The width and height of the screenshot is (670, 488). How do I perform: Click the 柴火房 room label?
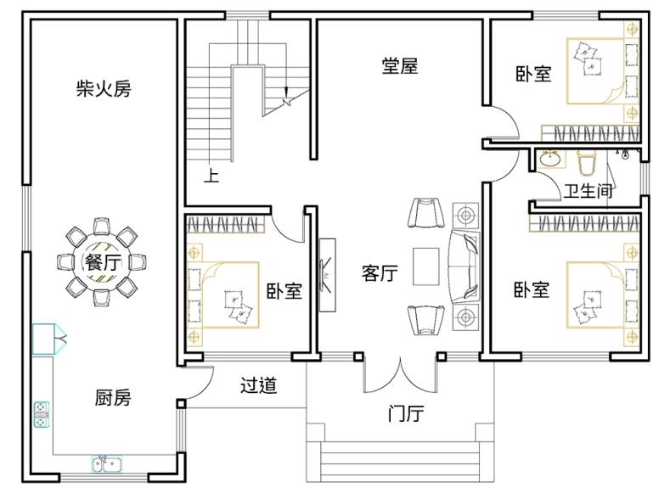[104, 89]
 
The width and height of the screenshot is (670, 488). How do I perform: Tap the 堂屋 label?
[399, 66]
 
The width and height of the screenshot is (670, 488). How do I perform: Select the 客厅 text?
[380, 272]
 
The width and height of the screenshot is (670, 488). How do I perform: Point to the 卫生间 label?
[588, 191]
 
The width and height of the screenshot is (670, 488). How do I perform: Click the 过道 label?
[258, 385]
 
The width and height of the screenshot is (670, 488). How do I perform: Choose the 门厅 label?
[406, 413]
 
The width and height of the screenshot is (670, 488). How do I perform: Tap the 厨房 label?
[113, 397]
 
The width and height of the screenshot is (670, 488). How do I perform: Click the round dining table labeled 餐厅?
[102, 261]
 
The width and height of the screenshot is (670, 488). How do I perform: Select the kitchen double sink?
[107, 464]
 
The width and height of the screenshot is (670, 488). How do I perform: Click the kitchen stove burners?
[42, 414]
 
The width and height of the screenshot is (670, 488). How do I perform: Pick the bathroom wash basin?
[549, 160]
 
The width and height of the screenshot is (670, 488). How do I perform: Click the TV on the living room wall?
[327, 274]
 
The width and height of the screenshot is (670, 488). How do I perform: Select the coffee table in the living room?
[425, 266]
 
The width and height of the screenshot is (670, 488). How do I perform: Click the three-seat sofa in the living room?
[464, 266]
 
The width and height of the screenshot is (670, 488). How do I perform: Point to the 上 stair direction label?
[211, 176]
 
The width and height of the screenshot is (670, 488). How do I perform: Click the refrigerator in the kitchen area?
[48, 339]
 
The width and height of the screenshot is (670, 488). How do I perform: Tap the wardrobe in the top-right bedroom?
[590, 132]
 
